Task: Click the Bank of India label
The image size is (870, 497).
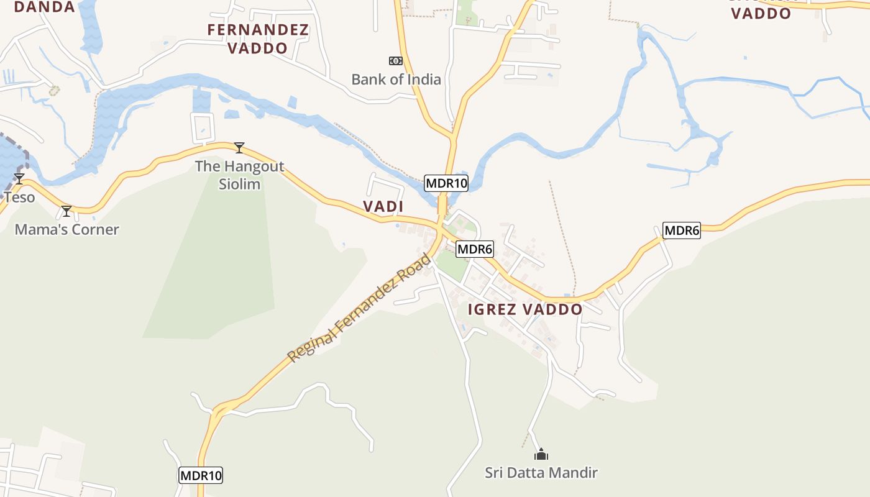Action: [396, 80]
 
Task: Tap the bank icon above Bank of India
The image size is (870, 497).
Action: [395, 60]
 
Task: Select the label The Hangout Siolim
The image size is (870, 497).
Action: [239, 175]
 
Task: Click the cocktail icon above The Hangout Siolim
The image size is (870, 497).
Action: [239, 147]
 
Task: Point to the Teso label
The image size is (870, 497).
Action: [19, 198]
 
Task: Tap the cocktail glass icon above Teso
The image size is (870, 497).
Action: [19, 179]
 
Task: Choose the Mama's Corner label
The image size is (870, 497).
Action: [66, 229]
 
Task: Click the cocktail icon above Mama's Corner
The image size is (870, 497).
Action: [66, 211]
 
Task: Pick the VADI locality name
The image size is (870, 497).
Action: [383, 206]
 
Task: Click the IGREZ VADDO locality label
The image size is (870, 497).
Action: [525, 309]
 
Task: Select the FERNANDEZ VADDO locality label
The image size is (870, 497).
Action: [258, 39]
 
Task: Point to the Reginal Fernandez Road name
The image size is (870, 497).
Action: [359, 308]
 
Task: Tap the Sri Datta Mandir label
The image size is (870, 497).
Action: [541, 473]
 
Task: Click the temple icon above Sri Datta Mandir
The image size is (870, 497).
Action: [541, 454]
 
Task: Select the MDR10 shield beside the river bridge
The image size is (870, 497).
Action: [446, 183]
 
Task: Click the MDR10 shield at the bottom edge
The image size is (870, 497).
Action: [201, 475]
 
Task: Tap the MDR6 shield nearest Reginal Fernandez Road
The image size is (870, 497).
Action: [475, 250]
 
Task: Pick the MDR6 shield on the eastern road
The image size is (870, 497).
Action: [682, 230]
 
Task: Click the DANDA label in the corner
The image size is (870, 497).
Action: [44, 7]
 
